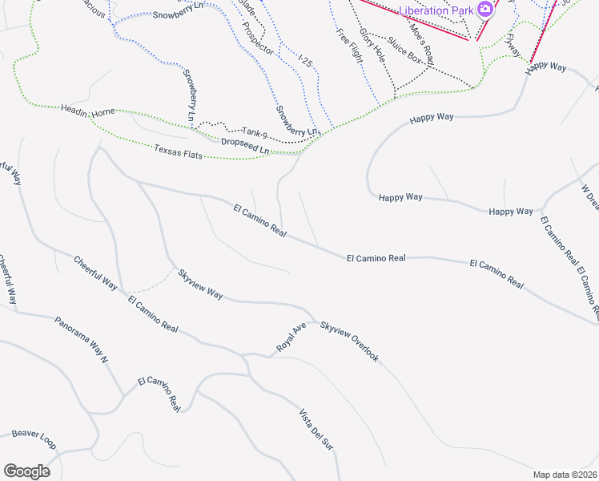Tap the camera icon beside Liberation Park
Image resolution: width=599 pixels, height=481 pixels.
pyautogui.click(x=484, y=10)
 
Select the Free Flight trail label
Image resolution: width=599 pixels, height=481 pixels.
pyautogui.click(x=349, y=46)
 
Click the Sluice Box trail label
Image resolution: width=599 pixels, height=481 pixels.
pyautogui.click(x=404, y=50)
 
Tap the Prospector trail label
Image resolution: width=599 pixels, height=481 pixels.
pyautogui.click(x=258, y=38)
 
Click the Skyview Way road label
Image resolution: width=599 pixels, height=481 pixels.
pyautogui.click(x=200, y=284)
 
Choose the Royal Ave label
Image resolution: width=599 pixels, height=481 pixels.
pyautogui.click(x=291, y=338)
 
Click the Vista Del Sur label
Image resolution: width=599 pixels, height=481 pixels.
pyautogui.click(x=316, y=430)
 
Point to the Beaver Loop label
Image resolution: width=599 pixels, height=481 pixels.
pyautogui.click(x=34, y=439)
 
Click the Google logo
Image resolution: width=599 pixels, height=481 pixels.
pyautogui.click(x=26, y=471)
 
